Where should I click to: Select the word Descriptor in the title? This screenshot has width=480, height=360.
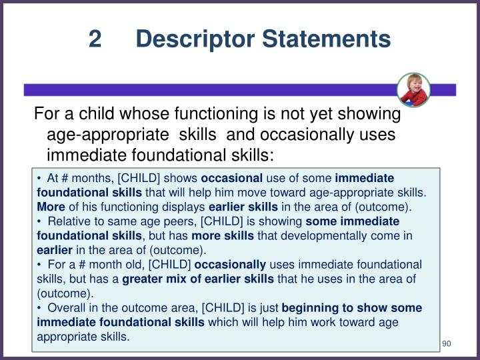pos(187,39)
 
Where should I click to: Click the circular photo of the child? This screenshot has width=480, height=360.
pos(413,89)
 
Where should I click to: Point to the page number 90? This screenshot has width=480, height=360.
pos(447,343)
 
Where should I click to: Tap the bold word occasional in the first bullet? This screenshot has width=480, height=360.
pos(232,179)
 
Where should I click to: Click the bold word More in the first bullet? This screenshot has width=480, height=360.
pos(50,207)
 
